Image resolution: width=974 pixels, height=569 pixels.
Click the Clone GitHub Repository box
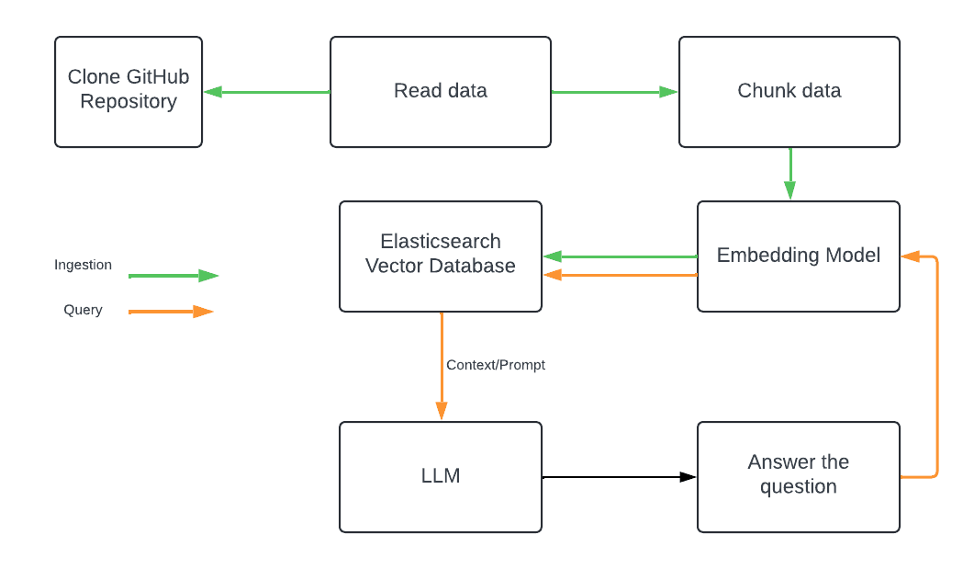pos(129,92)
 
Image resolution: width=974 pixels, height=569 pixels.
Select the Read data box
pos(441,92)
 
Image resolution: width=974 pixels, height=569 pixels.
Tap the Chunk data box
pos(789,92)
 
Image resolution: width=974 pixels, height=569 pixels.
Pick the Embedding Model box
pos(799,256)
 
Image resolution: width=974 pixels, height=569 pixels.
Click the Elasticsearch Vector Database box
pos(441,256)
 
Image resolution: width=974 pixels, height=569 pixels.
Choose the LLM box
pos(441,476)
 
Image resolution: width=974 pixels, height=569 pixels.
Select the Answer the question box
pos(799,476)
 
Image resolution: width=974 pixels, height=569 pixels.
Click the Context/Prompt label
pos(496,365)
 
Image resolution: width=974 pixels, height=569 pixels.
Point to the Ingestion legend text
pos(83,265)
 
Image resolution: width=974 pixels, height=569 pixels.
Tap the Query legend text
pos(83,310)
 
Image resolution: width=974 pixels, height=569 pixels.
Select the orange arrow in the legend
pos(171,312)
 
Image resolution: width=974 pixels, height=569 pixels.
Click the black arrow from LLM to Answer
pos(620,477)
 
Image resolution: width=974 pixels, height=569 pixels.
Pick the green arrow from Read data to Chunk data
pos(614,92)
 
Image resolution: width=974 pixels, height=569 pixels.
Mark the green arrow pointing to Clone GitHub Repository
pos(266,92)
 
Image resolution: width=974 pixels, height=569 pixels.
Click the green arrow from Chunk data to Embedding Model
pos(790,174)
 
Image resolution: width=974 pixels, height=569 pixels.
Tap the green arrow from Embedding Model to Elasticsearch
pos(620,256)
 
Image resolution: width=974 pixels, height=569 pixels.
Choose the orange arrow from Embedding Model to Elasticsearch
pos(620,275)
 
